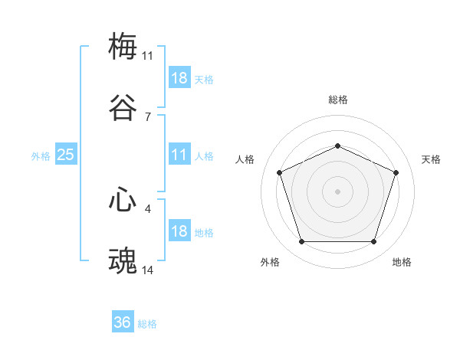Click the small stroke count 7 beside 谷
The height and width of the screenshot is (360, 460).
148,116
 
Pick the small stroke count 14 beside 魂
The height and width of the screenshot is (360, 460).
148,271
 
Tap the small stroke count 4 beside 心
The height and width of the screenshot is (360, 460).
148,208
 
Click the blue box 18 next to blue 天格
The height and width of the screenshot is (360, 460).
179,78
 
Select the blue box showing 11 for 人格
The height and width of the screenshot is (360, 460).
179,155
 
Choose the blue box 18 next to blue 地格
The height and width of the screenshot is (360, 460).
179,232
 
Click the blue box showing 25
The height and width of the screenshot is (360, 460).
65,155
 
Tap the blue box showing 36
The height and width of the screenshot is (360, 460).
123,322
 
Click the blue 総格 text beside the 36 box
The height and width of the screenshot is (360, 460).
147,324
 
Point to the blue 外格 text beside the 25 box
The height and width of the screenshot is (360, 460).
41,156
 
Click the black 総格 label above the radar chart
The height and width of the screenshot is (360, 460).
337,100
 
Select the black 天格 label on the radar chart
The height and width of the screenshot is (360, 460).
431,159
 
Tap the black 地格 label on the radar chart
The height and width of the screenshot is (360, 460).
402,262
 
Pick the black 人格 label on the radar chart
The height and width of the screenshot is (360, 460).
245,159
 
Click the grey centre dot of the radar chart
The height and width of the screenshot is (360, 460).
337,191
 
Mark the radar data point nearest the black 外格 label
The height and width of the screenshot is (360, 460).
301,242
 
